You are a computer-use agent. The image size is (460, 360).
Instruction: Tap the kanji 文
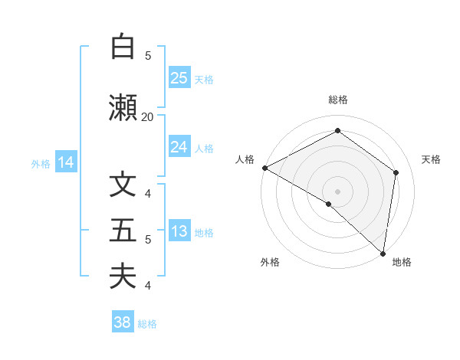coord(123,186)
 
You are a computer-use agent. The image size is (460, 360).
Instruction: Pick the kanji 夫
coord(123,277)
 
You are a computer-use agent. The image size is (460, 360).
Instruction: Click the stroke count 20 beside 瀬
coord(147,116)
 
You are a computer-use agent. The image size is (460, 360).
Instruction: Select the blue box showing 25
coord(179,78)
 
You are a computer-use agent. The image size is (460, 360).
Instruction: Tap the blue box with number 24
coord(179,147)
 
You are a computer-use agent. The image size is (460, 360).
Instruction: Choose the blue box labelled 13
coord(179,232)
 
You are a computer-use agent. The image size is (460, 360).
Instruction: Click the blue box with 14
coord(66,162)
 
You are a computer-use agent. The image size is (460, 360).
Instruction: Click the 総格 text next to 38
coord(148,324)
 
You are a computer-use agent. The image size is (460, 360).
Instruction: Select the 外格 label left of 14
coord(41,163)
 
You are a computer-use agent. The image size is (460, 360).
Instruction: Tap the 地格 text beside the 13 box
coord(205,233)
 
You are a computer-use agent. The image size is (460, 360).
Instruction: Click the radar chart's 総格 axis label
coord(337,100)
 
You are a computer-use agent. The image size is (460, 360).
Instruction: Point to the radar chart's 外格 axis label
coord(270,262)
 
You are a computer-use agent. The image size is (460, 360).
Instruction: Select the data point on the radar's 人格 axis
coord(264,168)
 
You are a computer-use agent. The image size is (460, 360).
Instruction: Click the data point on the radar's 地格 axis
coord(383,253)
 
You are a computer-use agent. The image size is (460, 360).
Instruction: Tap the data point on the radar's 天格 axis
coord(396,172)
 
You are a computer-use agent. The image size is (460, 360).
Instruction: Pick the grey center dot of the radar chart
coord(337,191)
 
